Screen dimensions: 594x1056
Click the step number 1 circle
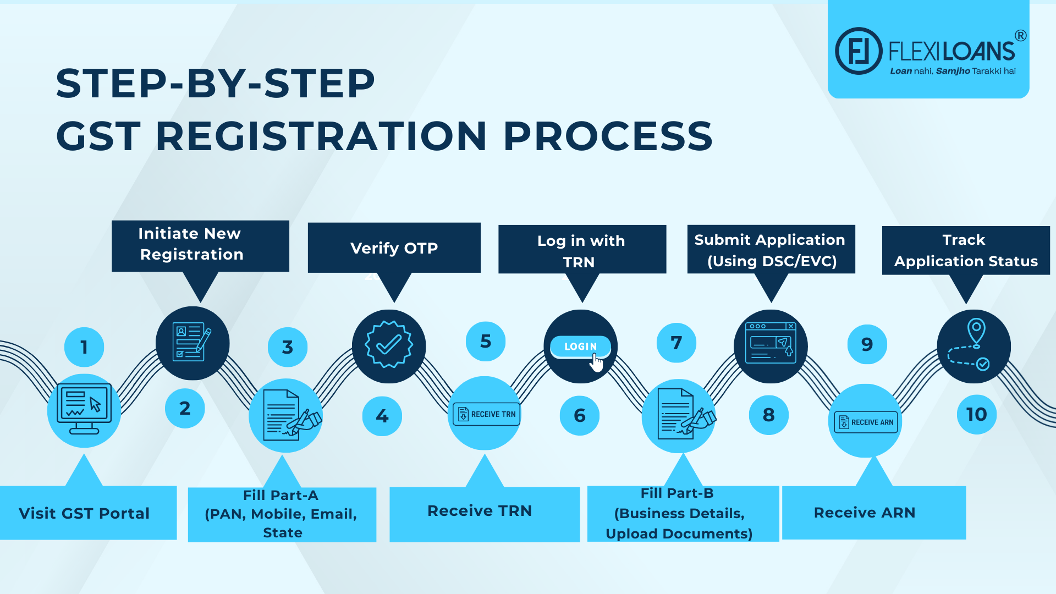[84, 347]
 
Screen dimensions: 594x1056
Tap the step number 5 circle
[486, 342]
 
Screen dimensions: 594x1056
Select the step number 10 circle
[976, 414]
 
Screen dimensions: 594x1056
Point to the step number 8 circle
[769, 415]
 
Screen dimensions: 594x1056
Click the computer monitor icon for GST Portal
[84, 408]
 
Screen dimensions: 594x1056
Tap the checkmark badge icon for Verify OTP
[389, 345]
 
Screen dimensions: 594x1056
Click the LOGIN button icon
[580, 346]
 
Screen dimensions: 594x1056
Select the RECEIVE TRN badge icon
[486, 414]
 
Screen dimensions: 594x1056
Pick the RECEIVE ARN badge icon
[866, 422]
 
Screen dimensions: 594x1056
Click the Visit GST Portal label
[85, 513]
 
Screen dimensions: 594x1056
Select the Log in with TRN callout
[582, 250]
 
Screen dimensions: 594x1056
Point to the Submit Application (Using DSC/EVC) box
[771, 250]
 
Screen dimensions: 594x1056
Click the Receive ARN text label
[864, 513]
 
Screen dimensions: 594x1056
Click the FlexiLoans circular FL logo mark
[859, 51]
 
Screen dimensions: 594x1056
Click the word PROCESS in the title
[608, 136]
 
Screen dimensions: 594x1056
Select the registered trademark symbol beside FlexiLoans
[1020, 36]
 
